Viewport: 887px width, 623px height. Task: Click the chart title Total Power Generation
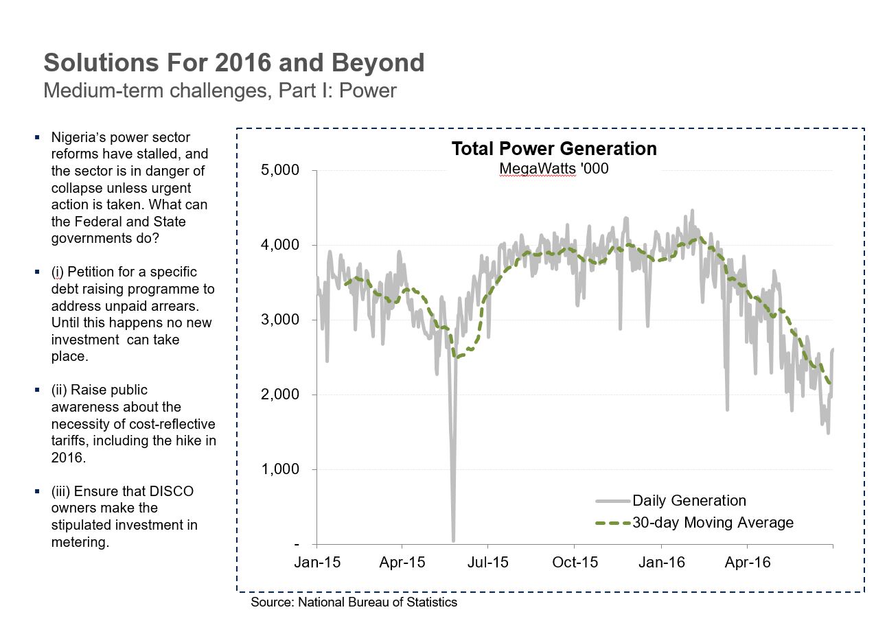[x=553, y=149]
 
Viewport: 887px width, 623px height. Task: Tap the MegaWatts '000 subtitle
[x=553, y=168]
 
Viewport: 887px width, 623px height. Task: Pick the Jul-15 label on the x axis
[x=487, y=563]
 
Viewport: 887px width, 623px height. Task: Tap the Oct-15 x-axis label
[x=575, y=563]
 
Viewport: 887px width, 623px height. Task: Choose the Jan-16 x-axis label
[x=662, y=563]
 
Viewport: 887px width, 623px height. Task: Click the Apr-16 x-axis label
[x=748, y=563]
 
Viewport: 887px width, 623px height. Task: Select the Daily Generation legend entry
[x=689, y=500]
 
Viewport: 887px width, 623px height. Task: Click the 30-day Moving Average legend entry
[x=713, y=523]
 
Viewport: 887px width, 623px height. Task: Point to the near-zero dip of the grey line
[x=453, y=539]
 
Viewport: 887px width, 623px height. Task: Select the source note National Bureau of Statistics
[x=378, y=602]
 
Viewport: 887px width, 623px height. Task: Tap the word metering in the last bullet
[x=80, y=542]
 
